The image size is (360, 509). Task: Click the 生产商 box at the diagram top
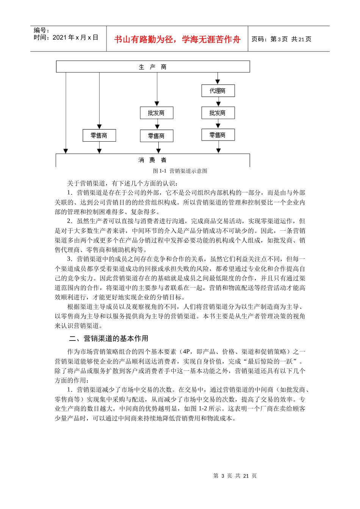(153, 67)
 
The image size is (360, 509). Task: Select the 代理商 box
(218, 91)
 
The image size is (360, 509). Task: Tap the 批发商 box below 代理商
(218, 113)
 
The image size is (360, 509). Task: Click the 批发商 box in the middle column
(157, 113)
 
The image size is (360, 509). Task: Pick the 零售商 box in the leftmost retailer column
(99, 136)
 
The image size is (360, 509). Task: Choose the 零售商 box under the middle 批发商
(157, 136)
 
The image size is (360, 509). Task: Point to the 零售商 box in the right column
(218, 135)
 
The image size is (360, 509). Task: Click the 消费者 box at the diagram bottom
(153, 160)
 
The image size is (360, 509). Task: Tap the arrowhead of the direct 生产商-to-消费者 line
(66, 151)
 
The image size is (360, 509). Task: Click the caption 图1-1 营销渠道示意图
(180, 171)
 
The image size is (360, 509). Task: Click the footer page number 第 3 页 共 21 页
(235, 476)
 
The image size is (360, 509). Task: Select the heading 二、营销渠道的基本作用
(109, 338)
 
